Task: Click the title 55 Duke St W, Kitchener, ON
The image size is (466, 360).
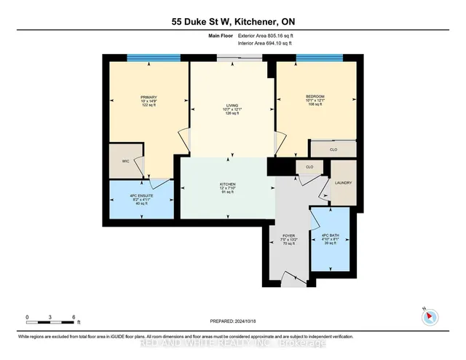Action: [233, 23]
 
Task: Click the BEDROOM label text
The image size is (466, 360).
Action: [315, 96]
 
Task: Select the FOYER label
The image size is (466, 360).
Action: [288, 236]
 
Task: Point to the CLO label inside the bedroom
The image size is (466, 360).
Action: [332, 149]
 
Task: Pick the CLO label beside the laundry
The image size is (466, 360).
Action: [309, 167]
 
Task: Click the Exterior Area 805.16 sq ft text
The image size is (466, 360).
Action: [260, 35]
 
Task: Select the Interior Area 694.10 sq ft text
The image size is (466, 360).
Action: [260, 43]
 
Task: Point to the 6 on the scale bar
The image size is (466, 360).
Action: [74, 317]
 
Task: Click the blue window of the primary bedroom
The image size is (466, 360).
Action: [154, 58]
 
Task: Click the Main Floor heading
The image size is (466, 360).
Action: [204, 35]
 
